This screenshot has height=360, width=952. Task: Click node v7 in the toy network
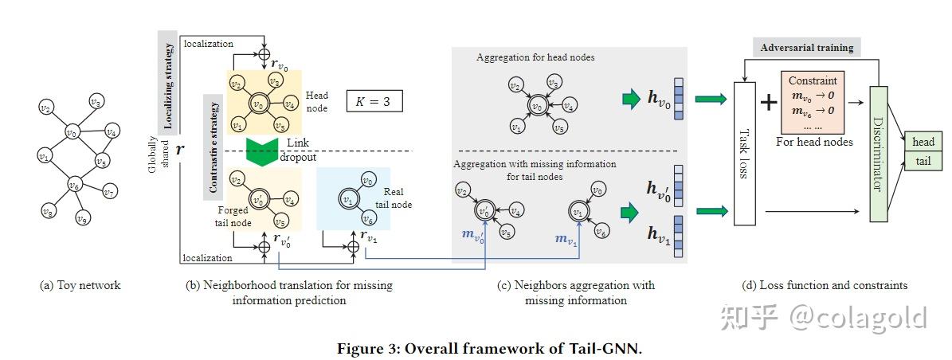(x=111, y=192)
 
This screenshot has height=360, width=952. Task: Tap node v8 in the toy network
(x=48, y=211)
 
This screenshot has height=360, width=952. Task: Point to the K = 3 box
(x=374, y=102)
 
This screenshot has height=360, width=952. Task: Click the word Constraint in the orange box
(x=813, y=80)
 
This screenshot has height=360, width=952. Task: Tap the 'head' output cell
(x=923, y=142)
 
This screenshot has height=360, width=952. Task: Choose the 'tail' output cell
(x=923, y=160)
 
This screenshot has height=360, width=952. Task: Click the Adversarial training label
(x=806, y=48)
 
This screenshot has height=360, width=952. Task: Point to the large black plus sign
(x=768, y=101)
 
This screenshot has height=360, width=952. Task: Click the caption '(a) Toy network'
(x=80, y=285)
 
